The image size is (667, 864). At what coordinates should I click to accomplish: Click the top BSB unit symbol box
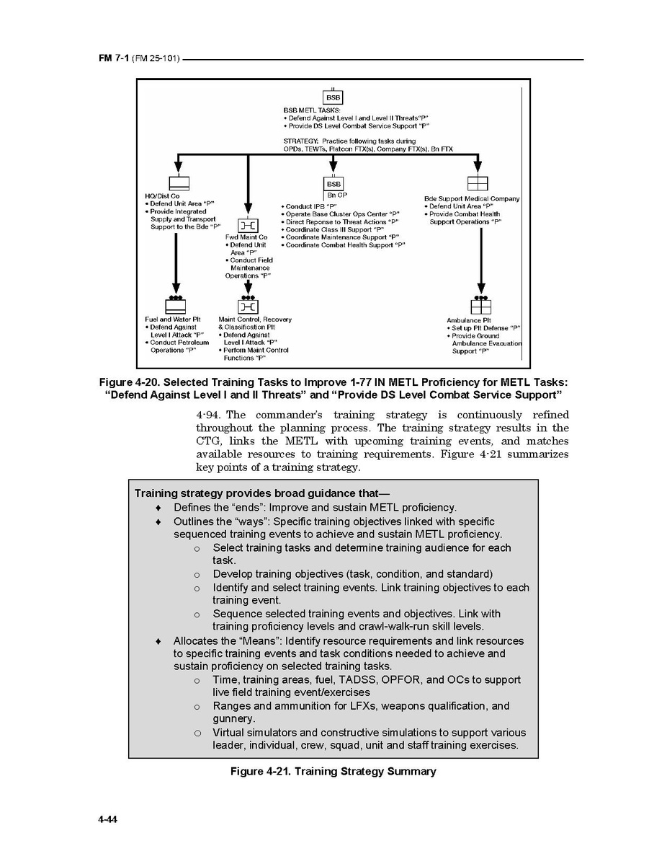(333, 97)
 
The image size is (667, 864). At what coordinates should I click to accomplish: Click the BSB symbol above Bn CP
(333, 184)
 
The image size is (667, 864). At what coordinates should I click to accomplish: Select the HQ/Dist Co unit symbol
(178, 182)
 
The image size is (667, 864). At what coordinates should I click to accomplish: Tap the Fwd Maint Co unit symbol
(248, 226)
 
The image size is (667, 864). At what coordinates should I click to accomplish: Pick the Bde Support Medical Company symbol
(478, 183)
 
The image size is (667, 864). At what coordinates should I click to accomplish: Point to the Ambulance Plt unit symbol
(480, 307)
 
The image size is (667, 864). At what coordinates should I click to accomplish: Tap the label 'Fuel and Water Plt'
(173, 319)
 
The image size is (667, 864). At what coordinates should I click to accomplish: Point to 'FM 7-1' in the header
(114, 58)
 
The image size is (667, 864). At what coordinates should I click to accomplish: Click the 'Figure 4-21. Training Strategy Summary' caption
(333, 772)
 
